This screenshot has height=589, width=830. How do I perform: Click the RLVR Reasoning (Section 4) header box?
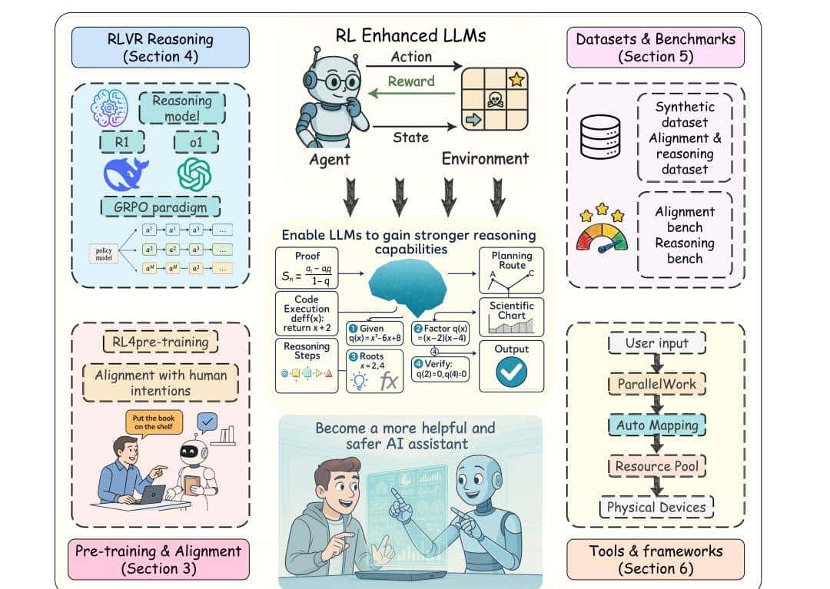[160, 48]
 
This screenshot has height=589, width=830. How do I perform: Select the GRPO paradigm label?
[161, 207]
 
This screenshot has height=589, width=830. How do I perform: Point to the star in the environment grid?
[516, 79]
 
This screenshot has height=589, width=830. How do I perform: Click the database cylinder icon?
[600, 137]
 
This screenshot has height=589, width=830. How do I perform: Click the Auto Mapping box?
[657, 425]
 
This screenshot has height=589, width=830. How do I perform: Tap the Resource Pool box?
[657, 465]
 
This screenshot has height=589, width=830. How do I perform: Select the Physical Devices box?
[656, 507]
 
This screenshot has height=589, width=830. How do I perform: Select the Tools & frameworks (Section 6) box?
[656, 559]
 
